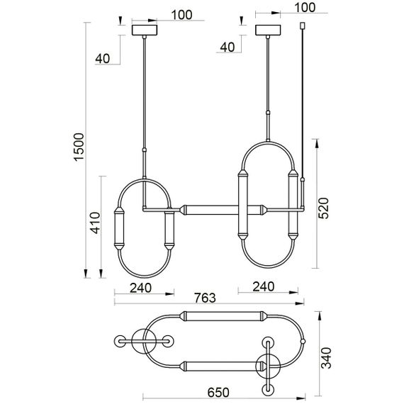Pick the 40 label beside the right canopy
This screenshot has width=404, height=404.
click(228, 47)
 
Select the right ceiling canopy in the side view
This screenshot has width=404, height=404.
click(269, 31)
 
